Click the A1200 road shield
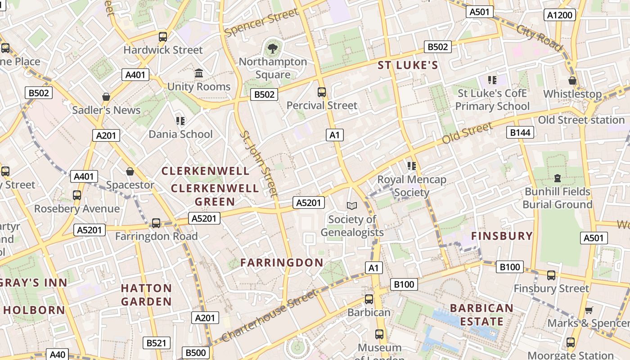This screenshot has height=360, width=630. pos(560,15)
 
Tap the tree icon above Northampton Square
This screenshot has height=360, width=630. pos(272,48)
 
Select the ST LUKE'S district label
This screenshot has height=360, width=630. pos(408,66)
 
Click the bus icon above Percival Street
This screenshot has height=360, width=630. pos(322,92)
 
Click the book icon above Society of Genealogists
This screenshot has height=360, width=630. pos(351,206)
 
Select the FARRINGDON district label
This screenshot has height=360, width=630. pos(282,263)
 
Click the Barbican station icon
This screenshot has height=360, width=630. pos(369,299)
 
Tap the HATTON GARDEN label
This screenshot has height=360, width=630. pos(146,295)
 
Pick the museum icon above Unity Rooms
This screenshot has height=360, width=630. pos(198,73)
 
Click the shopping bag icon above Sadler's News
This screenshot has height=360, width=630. pos(106,97)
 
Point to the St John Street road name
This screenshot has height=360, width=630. pos(259,163)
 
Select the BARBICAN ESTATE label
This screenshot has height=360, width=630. pos(481,315)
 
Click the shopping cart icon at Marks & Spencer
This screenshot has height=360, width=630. pos(589,310)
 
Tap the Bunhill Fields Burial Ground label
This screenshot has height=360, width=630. pos(557,198)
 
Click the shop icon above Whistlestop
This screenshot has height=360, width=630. pos(572,81)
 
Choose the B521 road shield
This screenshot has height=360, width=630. pos(156,343)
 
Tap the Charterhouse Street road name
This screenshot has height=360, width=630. pos(269,316)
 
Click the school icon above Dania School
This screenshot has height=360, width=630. pos(180,121)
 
